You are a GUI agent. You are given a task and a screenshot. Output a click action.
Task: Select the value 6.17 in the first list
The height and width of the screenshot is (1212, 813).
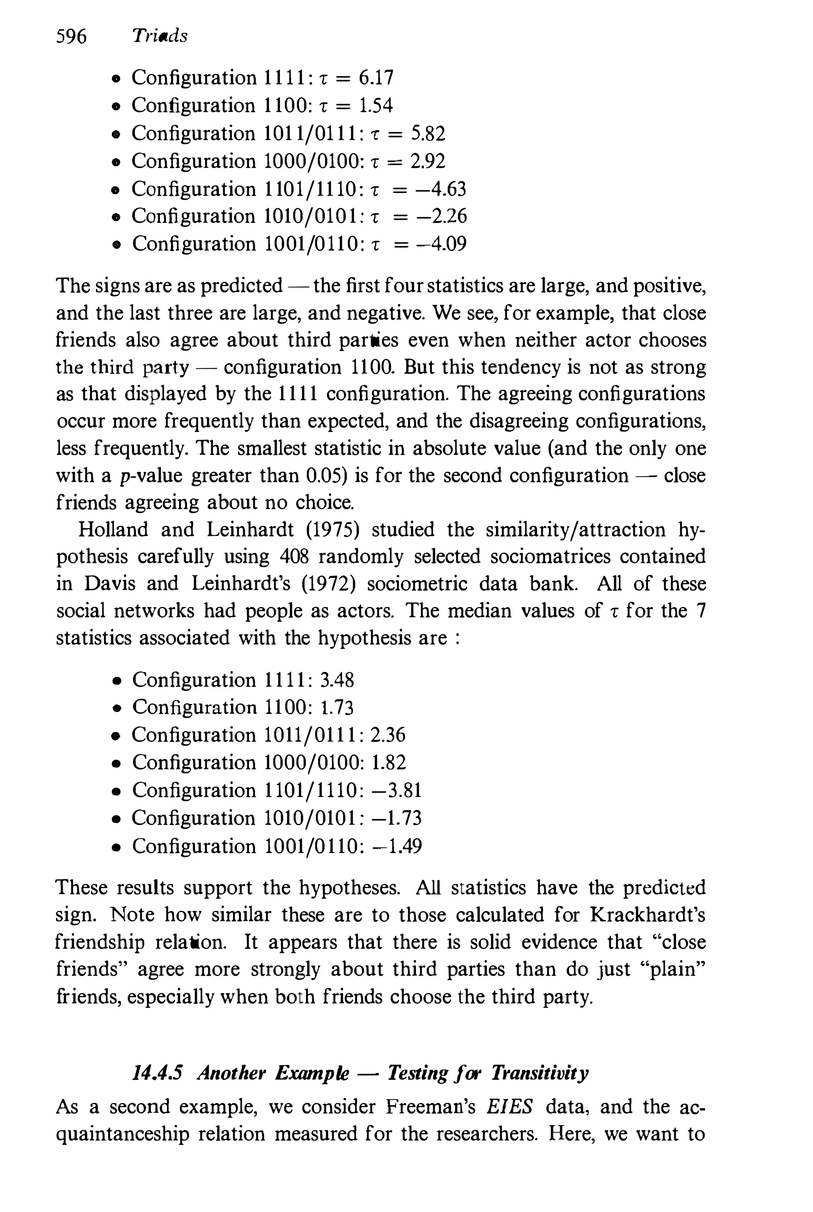(376, 78)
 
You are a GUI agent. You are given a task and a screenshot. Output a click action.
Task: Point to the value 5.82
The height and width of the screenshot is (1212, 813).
(428, 133)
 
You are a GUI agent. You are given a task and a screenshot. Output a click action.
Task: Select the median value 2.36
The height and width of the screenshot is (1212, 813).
(388, 735)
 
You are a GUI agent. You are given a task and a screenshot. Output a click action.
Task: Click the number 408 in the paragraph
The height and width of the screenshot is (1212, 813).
(294, 557)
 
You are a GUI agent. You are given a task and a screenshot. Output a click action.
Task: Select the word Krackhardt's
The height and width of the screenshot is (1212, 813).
(647, 915)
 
